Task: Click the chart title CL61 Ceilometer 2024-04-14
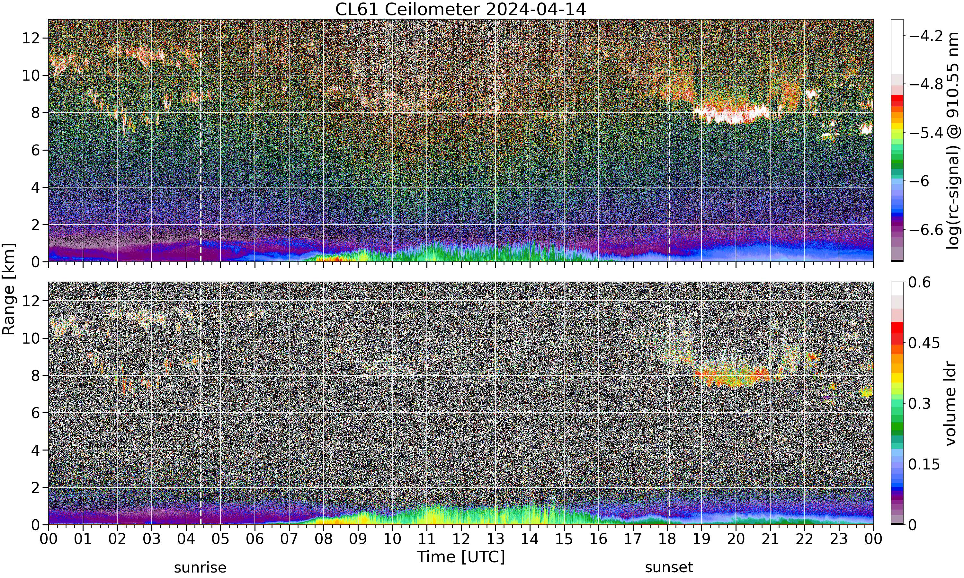tap(460, 9)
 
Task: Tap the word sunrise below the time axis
tap(200, 567)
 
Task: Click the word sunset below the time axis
tap(669, 567)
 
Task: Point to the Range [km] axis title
tap(9, 289)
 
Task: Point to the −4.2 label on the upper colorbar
tap(925, 36)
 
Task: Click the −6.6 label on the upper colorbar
tap(925, 230)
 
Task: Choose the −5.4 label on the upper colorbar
tap(925, 133)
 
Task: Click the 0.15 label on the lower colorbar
tap(924, 464)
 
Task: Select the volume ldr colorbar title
tap(951, 404)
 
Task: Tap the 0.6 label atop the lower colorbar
tap(920, 282)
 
